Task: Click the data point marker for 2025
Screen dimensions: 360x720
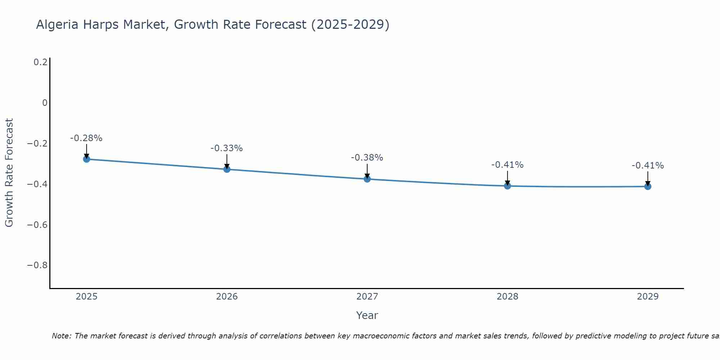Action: (x=86, y=159)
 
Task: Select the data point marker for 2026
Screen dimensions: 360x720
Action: (x=227, y=169)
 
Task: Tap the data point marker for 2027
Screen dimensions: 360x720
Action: (x=367, y=179)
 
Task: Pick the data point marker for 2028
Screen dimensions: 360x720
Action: (x=507, y=186)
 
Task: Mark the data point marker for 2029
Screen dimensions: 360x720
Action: (x=648, y=186)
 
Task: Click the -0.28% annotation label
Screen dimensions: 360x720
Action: (x=86, y=138)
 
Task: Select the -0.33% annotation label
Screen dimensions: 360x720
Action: (x=227, y=148)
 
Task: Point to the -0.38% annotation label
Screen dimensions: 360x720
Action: (x=367, y=158)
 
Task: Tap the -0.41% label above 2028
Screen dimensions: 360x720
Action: (x=507, y=165)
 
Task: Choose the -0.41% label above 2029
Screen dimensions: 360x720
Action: (x=648, y=166)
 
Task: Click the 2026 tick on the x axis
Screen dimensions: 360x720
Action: (x=227, y=297)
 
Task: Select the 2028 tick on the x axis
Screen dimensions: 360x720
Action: (x=507, y=297)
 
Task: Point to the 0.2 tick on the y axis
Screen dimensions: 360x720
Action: (x=40, y=62)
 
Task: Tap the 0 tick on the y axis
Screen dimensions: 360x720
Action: (x=45, y=103)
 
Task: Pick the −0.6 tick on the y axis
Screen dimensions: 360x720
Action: (x=37, y=225)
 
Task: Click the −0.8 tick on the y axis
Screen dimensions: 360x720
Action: (x=37, y=265)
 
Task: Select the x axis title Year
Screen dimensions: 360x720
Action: (x=367, y=315)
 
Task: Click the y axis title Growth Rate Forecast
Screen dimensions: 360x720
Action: (x=9, y=173)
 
